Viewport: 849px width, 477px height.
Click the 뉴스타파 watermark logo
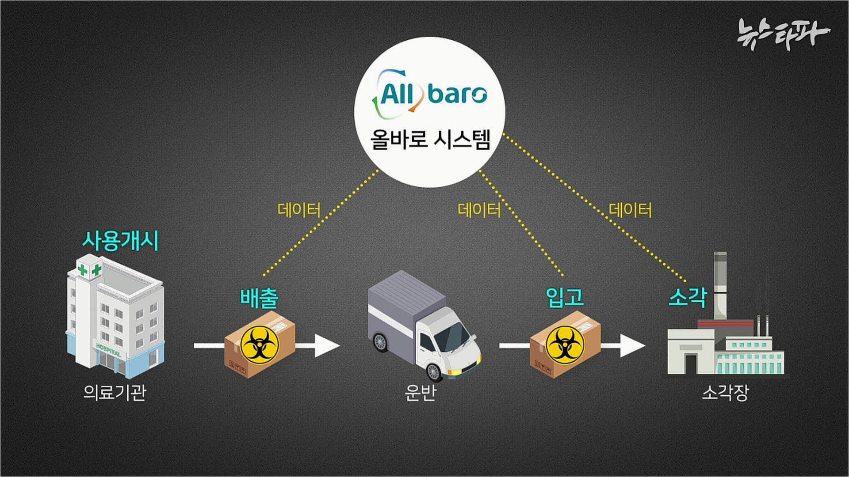pyautogui.click(x=783, y=33)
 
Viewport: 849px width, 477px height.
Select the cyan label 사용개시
pyautogui.click(x=120, y=241)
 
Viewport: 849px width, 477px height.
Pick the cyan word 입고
pyautogui.click(x=565, y=297)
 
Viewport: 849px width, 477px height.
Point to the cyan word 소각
pyautogui.click(x=687, y=297)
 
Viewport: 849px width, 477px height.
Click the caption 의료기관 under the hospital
pyautogui.click(x=115, y=392)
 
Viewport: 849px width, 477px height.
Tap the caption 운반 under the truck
pyautogui.click(x=421, y=392)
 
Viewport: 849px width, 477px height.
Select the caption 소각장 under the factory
pyautogui.click(x=726, y=392)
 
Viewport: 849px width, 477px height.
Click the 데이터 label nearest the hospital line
pyautogui.click(x=299, y=210)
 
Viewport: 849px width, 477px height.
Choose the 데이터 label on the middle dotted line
pyautogui.click(x=479, y=210)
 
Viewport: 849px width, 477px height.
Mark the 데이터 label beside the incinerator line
pyautogui.click(x=630, y=210)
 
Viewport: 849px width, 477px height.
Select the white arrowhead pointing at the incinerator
pyautogui.click(x=633, y=345)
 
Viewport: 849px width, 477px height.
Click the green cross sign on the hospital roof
pyautogui.click(x=89, y=269)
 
